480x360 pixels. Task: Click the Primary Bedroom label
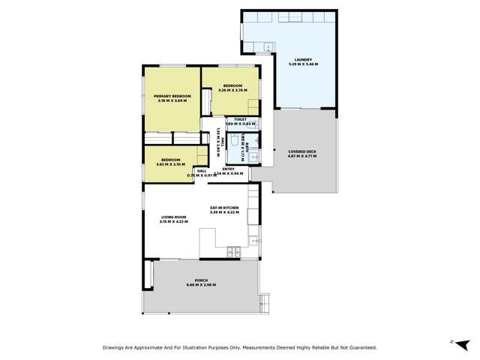[x=172, y=96]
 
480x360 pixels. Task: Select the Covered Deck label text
[x=302, y=151]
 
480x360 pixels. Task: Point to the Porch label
[x=200, y=280]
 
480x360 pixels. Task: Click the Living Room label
[x=173, y=217]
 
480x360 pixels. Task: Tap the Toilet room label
[x=241, y=119]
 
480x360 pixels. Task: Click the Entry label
[x=229, y=169]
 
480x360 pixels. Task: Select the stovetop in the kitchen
[x=232, y=250]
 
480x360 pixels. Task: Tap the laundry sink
[x=266, y=47]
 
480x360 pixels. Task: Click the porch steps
[x=263, y=303]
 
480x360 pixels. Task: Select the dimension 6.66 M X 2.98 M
[x=200, y=285]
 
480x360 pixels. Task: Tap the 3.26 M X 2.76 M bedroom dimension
[x=231, y=91]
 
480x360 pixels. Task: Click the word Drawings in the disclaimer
[x=116, y=348]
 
